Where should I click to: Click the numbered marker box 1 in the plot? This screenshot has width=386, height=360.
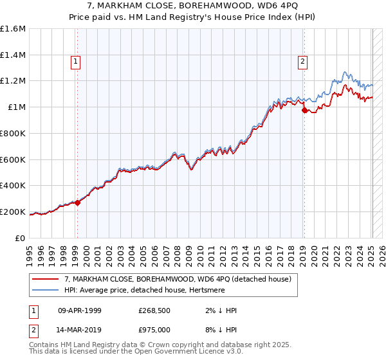point(76,62)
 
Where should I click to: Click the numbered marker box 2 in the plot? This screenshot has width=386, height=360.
point(302,62)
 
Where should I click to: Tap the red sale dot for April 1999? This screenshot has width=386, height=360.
point(77,203)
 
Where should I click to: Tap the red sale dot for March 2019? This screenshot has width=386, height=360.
point(304,110)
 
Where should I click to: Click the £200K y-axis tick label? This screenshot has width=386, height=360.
point(13,212)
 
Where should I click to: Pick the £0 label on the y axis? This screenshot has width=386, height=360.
point(21,238)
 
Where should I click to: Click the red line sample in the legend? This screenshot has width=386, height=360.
point(46,279)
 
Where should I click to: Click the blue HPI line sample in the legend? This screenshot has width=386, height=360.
point(46,291)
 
